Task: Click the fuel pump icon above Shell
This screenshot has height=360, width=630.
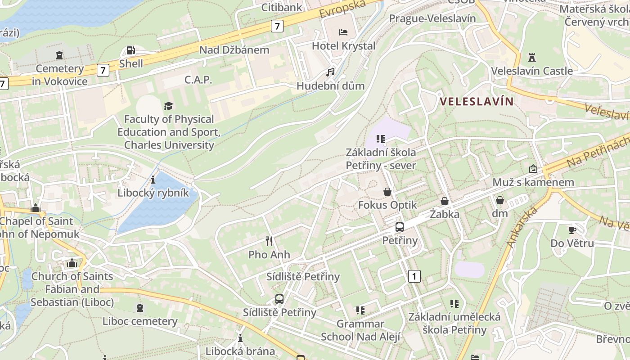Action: click(130, 50)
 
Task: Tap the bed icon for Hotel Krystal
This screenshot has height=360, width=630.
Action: click(343, 32)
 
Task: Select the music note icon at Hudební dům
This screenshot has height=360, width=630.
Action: click(331, 72)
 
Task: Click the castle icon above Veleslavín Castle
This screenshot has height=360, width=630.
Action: click(532, 57)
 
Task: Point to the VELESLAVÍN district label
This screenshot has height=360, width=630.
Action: click(477, 101)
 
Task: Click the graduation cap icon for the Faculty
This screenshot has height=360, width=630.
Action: click(168, 105)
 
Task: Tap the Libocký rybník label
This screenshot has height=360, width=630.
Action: click(153, 193)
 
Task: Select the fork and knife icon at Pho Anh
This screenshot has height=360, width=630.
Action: click(269, 241)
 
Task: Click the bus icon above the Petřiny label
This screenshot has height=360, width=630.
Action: click(400, 227)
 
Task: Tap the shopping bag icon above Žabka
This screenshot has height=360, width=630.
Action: click(445, 201)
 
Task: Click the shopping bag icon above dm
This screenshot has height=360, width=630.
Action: click(499, 200)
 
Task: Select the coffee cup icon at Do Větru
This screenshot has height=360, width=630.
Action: click(572, 230)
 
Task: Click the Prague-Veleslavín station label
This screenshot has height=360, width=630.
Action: click(432, 18)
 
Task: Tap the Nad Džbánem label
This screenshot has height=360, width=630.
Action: click(234, 50)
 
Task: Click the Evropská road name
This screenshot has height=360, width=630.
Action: click(342, 8)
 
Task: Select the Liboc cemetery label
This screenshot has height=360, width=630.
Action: click(140, 321)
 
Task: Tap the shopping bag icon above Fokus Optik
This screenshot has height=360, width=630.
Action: click(387, 192)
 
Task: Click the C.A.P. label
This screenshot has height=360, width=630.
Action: click(198, 80)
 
